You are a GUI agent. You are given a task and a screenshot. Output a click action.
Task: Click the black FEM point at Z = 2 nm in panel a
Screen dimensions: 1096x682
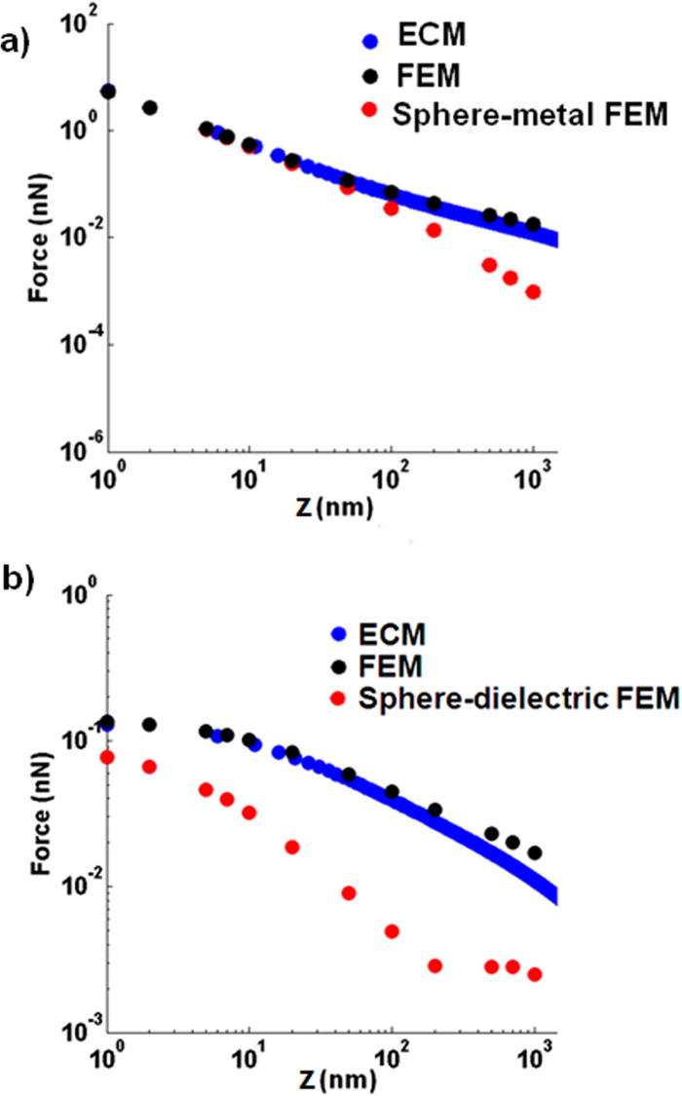(x=150, y=107)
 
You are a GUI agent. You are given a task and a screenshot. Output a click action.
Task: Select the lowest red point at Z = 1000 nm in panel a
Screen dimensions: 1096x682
(x=533, y=292)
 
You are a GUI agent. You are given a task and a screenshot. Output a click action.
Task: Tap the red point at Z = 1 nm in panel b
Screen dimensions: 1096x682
(x=108, y=757)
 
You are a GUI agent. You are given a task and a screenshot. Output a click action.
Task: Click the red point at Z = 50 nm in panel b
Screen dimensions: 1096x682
(x=348, y=893)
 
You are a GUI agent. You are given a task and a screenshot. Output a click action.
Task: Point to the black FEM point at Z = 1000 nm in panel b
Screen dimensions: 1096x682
(x=534, y=852)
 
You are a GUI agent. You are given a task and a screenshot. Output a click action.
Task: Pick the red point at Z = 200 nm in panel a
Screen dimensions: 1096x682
(x=434, y=230)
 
